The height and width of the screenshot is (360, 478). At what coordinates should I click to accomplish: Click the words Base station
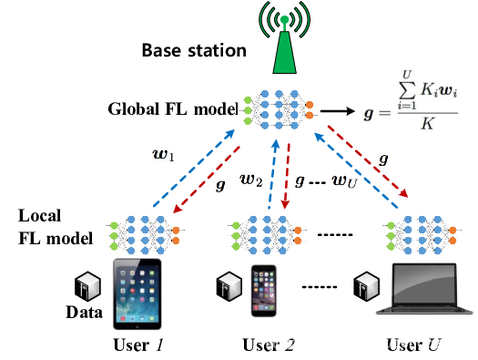[x=194, y=50]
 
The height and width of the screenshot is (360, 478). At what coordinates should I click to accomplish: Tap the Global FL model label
[x=173, y=109]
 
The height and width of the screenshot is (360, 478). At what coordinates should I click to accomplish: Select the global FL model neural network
[x=279, y=109]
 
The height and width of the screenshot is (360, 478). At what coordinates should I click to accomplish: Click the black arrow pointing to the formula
[x=338, y=111]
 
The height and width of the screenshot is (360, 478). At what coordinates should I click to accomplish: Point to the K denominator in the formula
[x=427, y=124]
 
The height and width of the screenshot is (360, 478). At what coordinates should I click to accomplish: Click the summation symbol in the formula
[x=407, y=89]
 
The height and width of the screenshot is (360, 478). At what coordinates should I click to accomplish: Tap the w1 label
[x=163, y=155]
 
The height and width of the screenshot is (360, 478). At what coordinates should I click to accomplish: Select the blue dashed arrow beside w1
[x=194, y=168]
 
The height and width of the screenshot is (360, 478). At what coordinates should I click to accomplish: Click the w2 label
[x=251, y=180]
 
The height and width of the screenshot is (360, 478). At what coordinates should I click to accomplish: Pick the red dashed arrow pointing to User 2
[x=286, y=176]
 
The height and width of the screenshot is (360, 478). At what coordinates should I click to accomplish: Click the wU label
[x=344, y=181]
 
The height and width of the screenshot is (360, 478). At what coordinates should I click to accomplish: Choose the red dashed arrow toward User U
[x=368, y=161]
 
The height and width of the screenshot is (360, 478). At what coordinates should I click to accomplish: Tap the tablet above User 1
[x=137, y=294]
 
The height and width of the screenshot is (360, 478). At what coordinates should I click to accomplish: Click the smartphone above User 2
[x=264, y=291]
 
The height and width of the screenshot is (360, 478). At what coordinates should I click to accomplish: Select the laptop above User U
[x=424, y=289]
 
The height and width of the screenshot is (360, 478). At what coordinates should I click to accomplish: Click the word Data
[x=84, y=313]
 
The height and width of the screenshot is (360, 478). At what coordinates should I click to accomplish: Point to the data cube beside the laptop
[x=366, y=286]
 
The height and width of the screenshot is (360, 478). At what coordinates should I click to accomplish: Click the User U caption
[x=413, y=345]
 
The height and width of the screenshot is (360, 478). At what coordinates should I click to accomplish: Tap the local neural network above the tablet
[x=145, y=235]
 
